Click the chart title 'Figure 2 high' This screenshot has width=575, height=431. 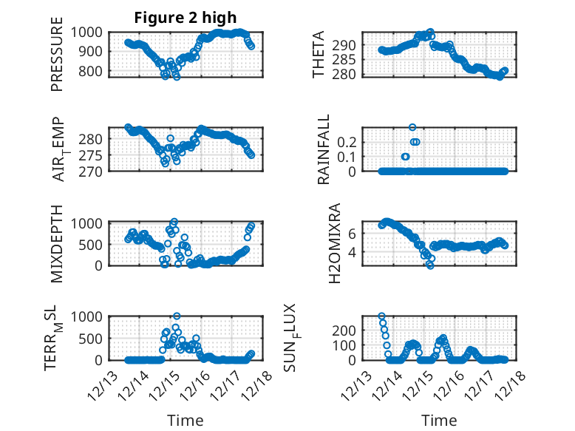click(x=186, y=18)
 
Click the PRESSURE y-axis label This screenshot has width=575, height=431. click(x=57, y=60)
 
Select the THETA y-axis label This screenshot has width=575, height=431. click(x=319, y=55)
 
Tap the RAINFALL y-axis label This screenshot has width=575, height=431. click(x=323, y=149)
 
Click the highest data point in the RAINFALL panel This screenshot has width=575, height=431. click(x=412, y=127)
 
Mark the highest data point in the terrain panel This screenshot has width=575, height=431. click(x=177, y=316)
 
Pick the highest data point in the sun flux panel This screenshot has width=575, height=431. click(x=381, y=316)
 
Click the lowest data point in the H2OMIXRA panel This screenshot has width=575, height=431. click(x=429, y=265)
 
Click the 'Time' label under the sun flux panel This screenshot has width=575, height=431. click(x=439, y=421)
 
